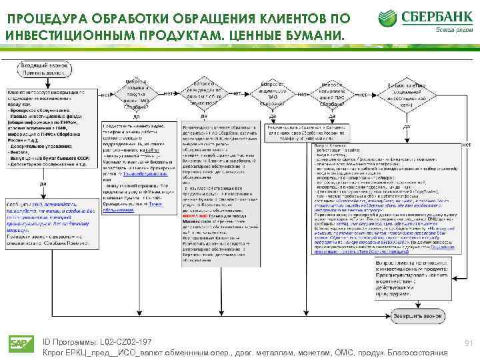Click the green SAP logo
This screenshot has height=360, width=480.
21,343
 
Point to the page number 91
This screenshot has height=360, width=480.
468,343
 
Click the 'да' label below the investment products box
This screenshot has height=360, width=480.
43,183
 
